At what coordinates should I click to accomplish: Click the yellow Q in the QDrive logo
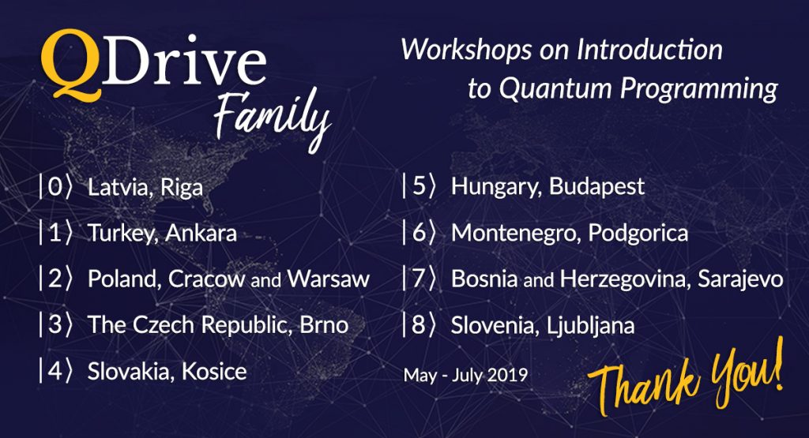point(70,65)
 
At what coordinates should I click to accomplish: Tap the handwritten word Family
point(272,120)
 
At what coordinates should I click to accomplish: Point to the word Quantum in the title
point(555,88)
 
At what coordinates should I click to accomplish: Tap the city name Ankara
point(201,234)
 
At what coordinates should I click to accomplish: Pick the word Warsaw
point(328,279)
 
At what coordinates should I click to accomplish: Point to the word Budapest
point(596,186)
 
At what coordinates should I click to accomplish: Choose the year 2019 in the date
point(508,375)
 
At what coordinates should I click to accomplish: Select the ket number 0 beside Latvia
point(55,186)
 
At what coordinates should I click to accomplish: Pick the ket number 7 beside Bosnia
point(418,279)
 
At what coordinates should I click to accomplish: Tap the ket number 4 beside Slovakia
point(55,371)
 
